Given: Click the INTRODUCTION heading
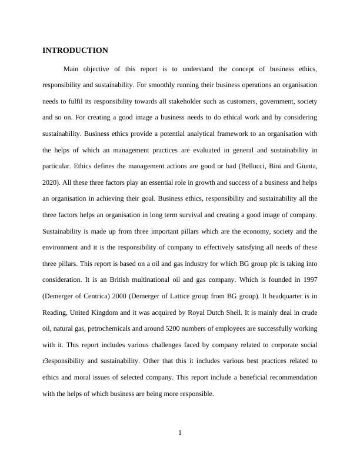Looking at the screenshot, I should coord(75,51).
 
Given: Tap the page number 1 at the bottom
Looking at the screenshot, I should coord(180,434).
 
